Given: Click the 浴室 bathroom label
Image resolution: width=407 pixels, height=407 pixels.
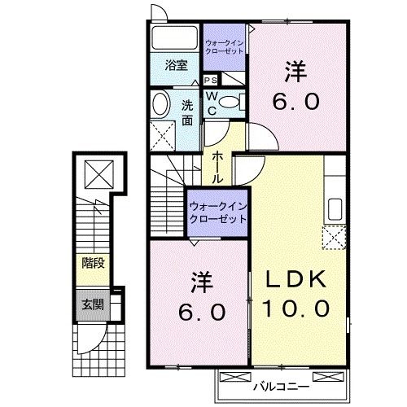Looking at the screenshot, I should pyautogui.click(x=176, y=64).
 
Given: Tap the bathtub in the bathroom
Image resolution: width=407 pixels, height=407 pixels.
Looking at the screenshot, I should pyautogui.click(x=173, y=38).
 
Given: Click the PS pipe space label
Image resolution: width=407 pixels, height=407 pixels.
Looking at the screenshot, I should pyautogui.click(x=210, y=80).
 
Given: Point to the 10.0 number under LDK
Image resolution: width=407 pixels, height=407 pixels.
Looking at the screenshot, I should pyautogui.click(x=296, y=309).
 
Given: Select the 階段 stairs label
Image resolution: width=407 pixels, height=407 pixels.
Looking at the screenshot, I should pyautogui.click(x=92, y=263).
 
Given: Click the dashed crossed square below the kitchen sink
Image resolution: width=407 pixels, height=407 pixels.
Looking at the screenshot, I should pyautogui.click(x=334, y=238).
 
